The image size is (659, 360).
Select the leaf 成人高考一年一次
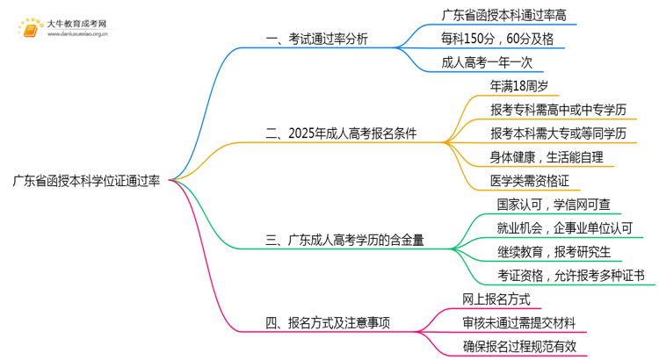click(487, 62)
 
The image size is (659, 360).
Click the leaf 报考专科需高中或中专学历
click(559, 110)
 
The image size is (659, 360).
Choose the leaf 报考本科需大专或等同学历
click(559, 133)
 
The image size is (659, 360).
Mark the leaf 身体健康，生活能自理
click(547, 157)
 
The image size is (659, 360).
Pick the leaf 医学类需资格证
click(529, 181)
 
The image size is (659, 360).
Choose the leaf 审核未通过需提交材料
click(521, 322)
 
